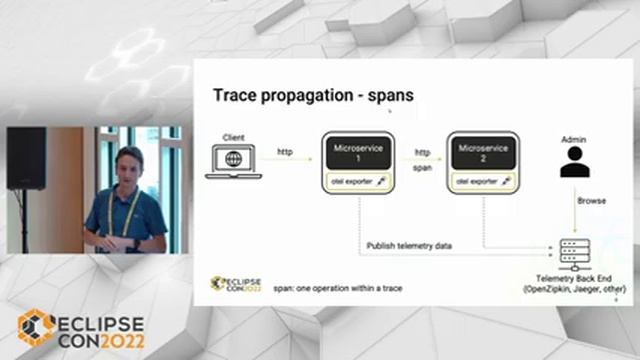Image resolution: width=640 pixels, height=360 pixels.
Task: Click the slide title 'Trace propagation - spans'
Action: tap(313, 96)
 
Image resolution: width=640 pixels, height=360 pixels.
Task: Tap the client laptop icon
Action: tap(233, 162)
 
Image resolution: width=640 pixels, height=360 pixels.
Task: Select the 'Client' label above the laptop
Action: tap(233, 136)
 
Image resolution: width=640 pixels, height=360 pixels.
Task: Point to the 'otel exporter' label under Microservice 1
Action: tap(353, 181)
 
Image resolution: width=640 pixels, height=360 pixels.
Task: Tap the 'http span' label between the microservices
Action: tap(422, 159)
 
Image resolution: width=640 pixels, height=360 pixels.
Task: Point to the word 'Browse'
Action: tap(591, 201)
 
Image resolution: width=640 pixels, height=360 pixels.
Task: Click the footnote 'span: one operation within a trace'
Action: tap(329, 287)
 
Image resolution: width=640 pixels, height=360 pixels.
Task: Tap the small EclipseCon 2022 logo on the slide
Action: tap(236, 283)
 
